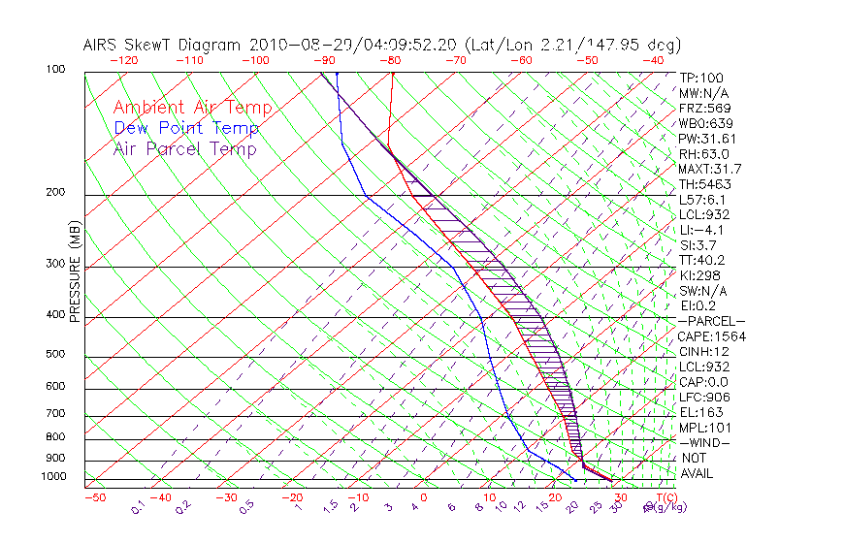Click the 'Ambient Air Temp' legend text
(x=192, y=108)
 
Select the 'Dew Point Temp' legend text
(x=186, y=128)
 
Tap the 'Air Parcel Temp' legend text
(x=184, y=148)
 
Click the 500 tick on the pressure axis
(x=56, y=355)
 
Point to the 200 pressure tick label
(x=56, y=193)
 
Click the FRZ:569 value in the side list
(x=700, y=108)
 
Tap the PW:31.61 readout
(x=707, y=139)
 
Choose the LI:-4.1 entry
(x=700, y=230)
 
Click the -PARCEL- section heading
(x=711, y=321)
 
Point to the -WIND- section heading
(x=704, y=442)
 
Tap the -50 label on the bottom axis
(x=94, y=497)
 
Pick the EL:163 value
(x=698, y=412)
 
